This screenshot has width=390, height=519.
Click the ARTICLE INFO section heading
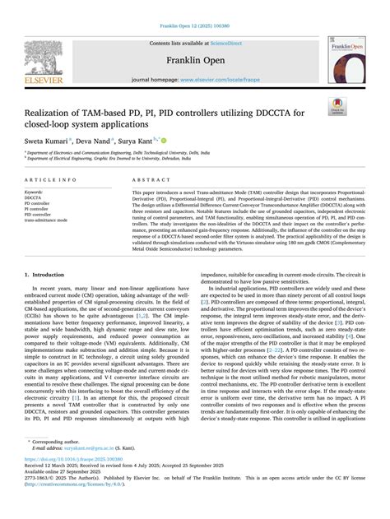click(51, 178)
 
